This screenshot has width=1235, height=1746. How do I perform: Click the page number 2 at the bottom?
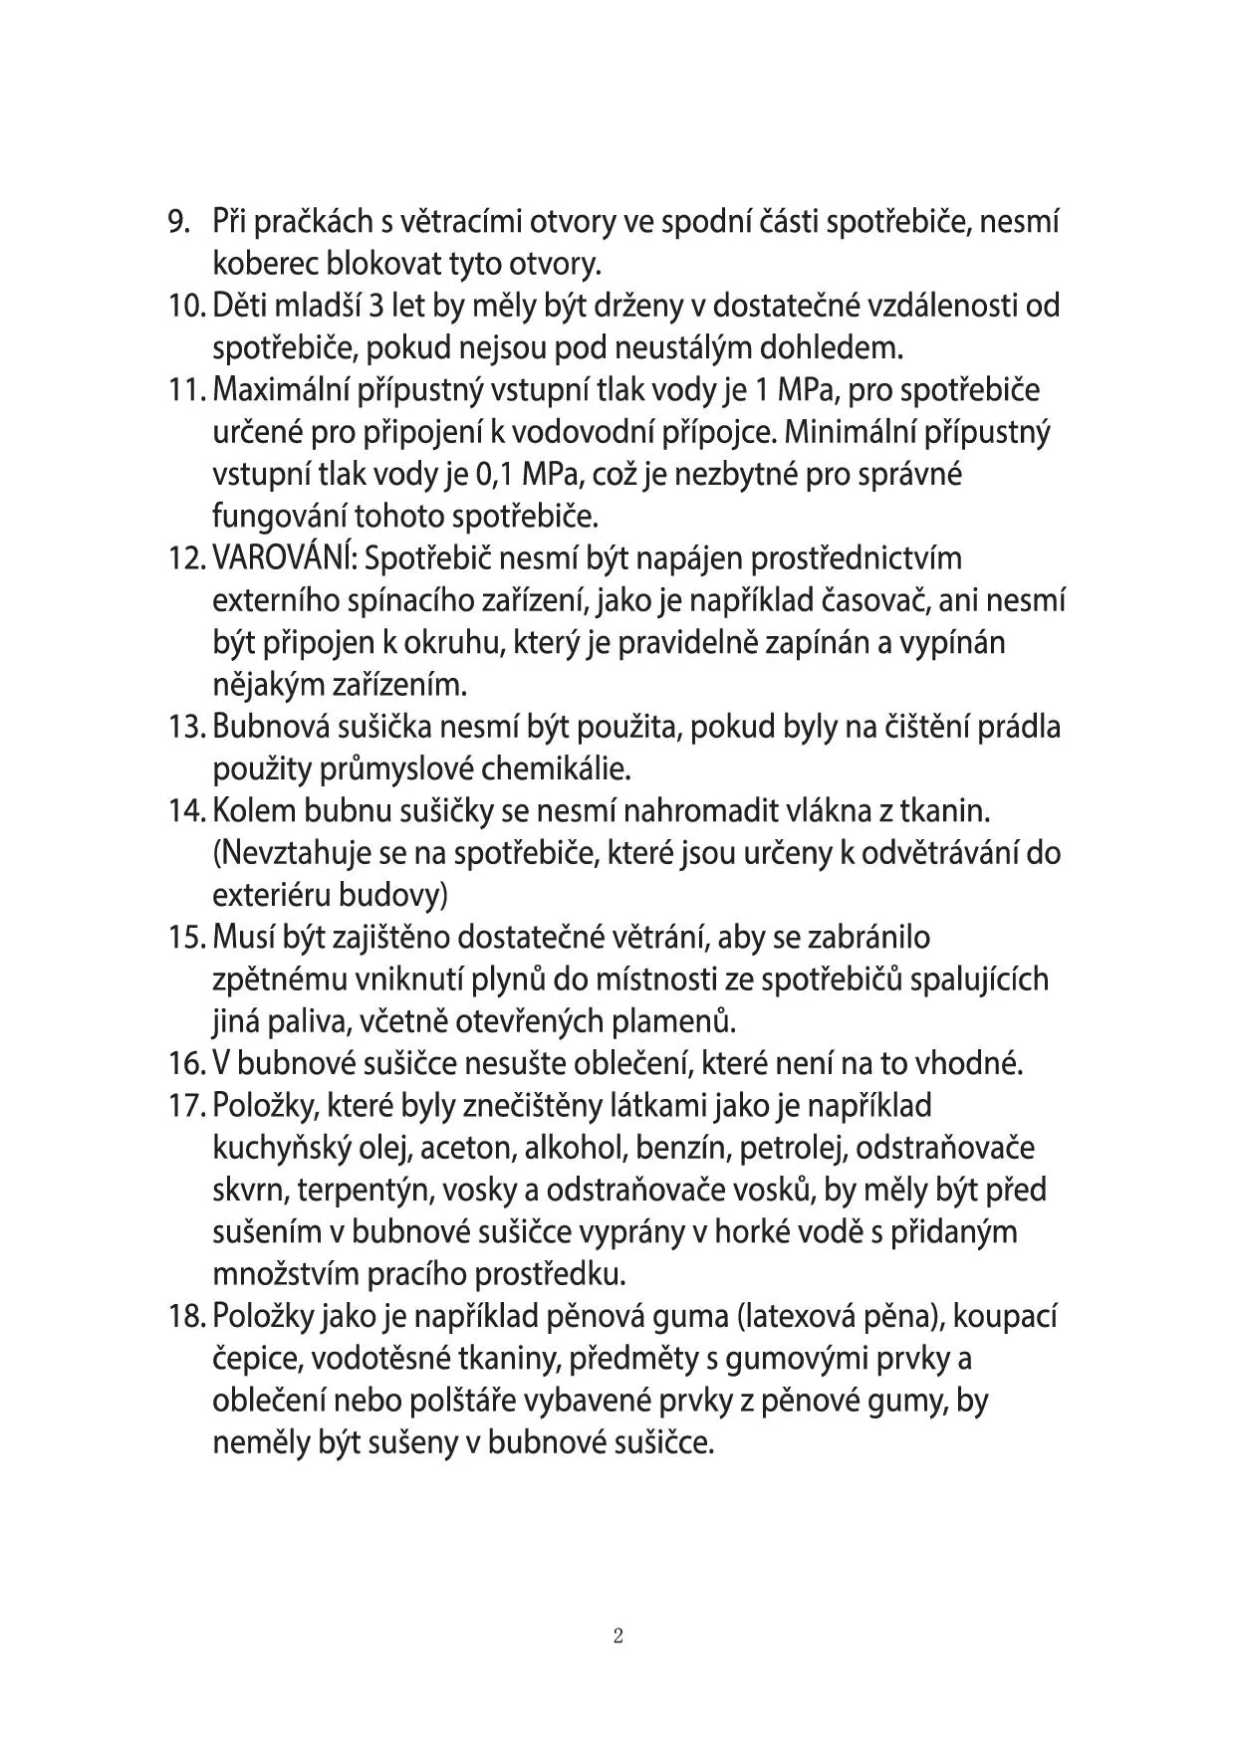coord(617,1636)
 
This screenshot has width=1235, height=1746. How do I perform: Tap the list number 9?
coord(180,221)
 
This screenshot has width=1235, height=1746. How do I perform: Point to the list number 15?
coord(186,938)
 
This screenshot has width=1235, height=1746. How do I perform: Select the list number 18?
coord(186,1316)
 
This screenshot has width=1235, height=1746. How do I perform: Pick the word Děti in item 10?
coord(235,306)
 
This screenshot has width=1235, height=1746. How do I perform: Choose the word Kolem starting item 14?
coord(240,811)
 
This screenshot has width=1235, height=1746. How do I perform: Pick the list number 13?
coord(186,727)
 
